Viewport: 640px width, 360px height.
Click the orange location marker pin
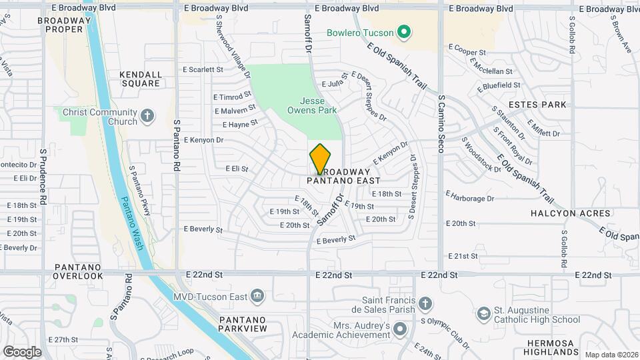[x=321, y=159]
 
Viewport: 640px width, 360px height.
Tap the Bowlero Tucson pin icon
[x=403, y=32]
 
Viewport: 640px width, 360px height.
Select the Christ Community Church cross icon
[x=147, y=117]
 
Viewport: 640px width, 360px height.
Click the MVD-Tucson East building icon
[x=257, y=296]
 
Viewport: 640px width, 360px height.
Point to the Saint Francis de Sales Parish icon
[x=425, y=305]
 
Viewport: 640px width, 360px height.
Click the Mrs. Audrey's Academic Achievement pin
[x=400, y=329]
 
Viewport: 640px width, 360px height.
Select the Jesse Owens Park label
[x=313, y=105]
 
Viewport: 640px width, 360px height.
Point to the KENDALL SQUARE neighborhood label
[x=140, y=79]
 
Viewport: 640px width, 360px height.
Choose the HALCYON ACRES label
[x=570, y=213]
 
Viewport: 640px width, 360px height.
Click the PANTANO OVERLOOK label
[x=78, y=271]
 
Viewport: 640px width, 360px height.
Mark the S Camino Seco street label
[x=441, y=124]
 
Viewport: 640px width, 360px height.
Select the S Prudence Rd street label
[x=42, y=177]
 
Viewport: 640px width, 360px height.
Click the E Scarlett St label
[x=203, y=69]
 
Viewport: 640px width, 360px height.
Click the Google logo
[x=22, y=351]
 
